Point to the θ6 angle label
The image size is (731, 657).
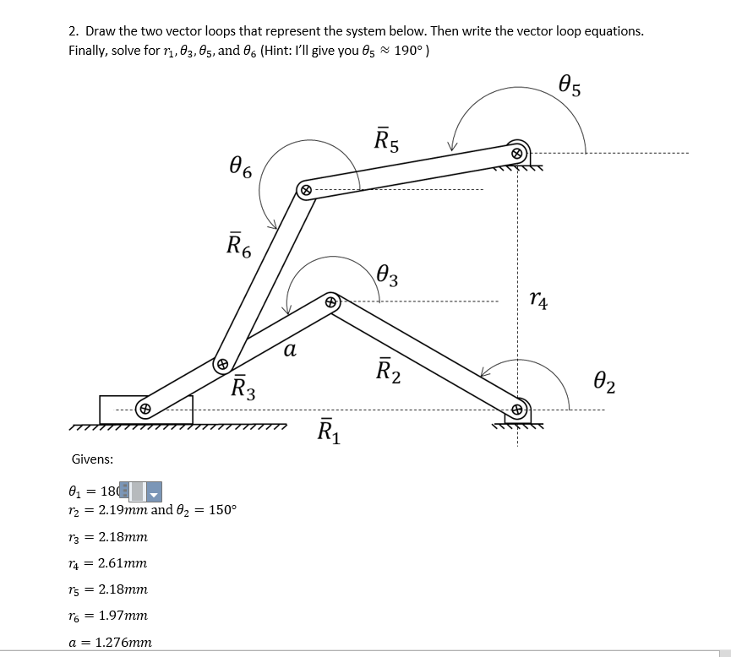(x=239, y=168)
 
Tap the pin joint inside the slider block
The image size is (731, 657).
(x=145, y=409)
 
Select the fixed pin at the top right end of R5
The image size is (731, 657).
(x=518, y=153)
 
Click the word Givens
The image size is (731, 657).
(x=93, y=459)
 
